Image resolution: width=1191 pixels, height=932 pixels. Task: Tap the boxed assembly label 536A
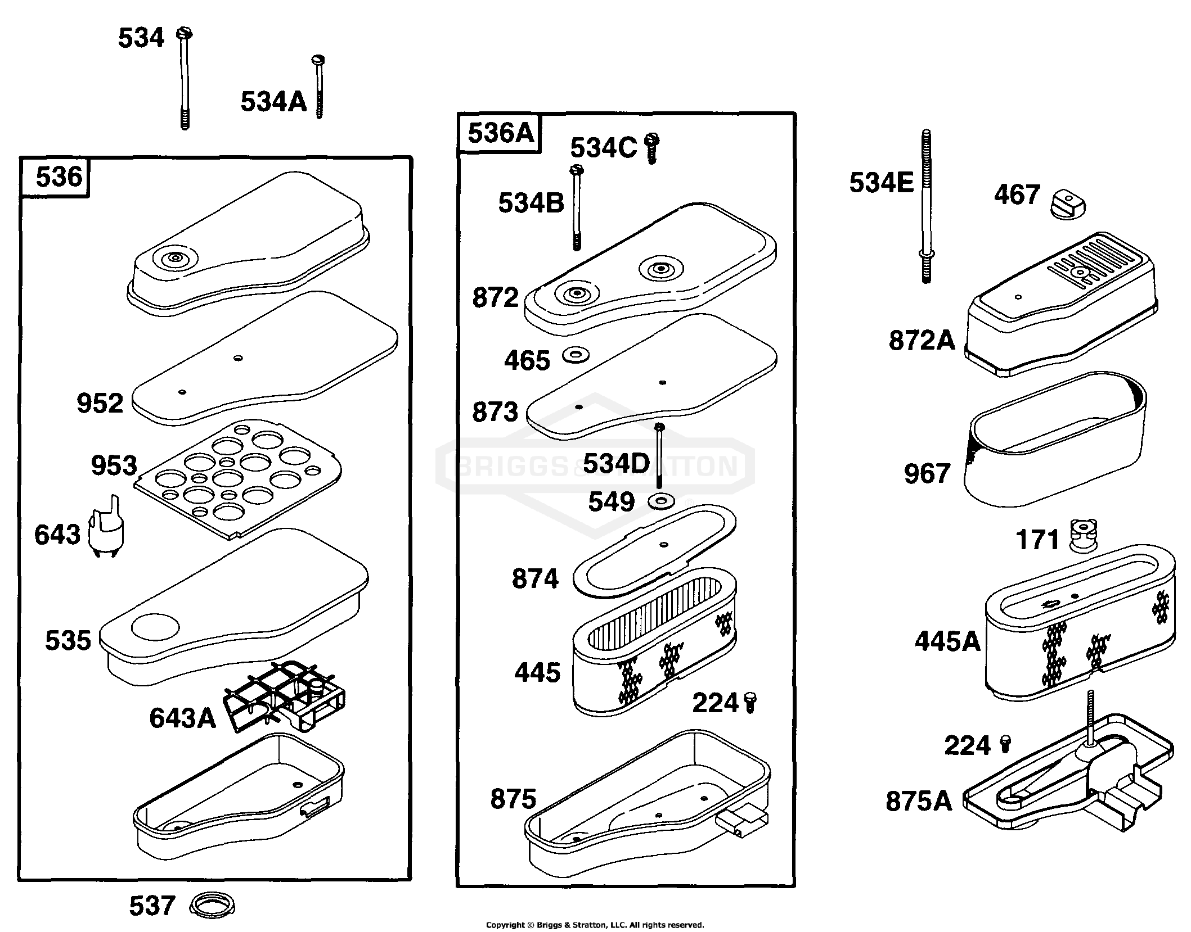tap(500, 134)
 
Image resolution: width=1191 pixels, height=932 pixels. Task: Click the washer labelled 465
tap(576, 355)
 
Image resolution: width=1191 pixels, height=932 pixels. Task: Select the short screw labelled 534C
tap(651, 147)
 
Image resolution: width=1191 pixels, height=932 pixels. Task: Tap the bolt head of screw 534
tap(184, 33)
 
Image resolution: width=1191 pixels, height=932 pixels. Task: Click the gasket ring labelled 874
tap(654, 550)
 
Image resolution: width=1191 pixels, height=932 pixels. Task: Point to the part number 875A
tap(919, 801)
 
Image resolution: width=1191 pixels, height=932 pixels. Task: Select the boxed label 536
tap(59, 177)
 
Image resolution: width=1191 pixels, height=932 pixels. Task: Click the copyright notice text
tap(595, 925)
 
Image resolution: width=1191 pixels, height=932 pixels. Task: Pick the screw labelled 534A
tap(318, 87)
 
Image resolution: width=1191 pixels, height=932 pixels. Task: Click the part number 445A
tap(948, 641)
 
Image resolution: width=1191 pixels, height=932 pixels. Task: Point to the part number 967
tap(927, 473)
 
